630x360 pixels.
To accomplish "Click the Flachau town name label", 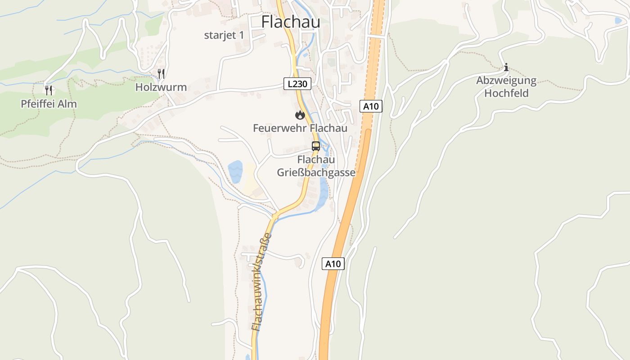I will [291, 22].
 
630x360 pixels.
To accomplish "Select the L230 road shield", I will [297, 83].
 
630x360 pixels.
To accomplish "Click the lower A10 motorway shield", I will [333, 264].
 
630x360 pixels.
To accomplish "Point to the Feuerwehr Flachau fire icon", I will [300, 115].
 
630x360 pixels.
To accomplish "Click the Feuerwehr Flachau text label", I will [300, 128].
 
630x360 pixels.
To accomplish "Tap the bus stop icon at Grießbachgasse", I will [316, 146].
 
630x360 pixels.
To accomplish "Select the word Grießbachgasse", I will [316, 173].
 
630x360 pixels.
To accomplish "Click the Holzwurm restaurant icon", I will [161, 73].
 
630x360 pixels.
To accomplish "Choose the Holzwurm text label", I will [161, 87].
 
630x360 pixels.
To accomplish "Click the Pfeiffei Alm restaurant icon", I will [49, 90].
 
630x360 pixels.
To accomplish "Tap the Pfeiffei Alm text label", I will [49, 104].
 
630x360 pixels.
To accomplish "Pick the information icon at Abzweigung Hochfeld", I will [506, 67].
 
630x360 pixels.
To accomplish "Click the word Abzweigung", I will [506, 81].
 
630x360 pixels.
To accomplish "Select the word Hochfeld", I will [506, 94].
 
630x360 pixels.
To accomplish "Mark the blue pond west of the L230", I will [235, 171].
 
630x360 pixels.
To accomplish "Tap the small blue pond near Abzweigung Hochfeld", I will [618, 20].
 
